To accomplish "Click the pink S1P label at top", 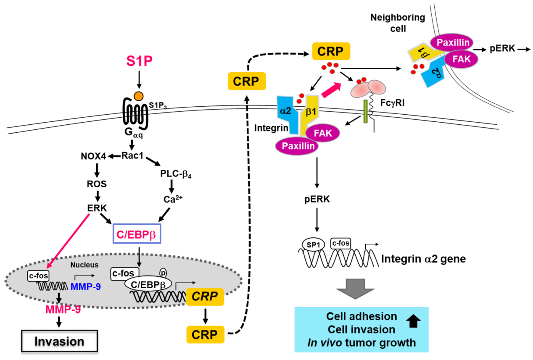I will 139,62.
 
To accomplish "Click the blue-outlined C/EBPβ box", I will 137,232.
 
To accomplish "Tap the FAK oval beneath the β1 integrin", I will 322,132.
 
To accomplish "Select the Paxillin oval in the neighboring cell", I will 452,43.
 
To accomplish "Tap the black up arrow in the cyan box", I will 414,321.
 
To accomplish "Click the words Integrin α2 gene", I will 423,258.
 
